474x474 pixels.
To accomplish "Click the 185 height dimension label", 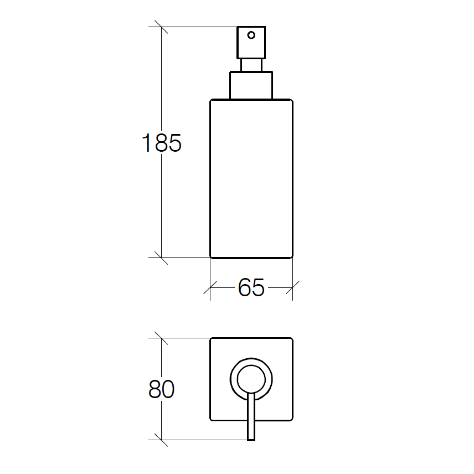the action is (162, 143).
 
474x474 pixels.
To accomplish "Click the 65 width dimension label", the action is (251, 287).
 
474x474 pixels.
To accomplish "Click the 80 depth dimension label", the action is (162, 389).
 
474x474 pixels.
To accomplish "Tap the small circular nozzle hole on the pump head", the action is (251, 35).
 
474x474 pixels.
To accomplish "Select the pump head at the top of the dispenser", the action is (251, 42).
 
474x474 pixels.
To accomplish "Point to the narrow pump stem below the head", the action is (251, 65).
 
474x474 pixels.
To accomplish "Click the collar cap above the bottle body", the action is (251, 85).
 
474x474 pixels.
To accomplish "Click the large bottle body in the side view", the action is (251, 179).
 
